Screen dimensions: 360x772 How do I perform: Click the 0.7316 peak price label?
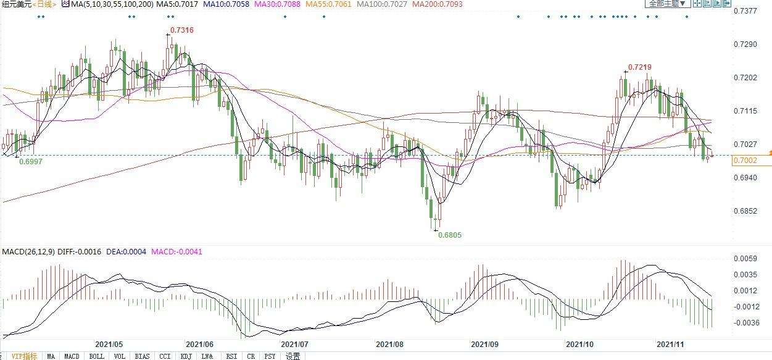pyautogui.click(x=180, y=30)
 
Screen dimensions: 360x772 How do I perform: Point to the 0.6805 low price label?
pyautogui.click(x=449, y=235)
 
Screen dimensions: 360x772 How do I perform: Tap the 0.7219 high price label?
pyautogui.click(x=640, y=67)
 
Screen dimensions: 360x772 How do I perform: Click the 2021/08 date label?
pyautogui.click(x=389, y=343)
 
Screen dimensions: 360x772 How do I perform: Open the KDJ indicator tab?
pyautogui.click(x=186, y=356)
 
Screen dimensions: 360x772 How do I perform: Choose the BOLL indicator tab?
pyautogui.click(x=96, y=356)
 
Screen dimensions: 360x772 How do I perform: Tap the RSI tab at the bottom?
pyautogui.click(x=231, y=356)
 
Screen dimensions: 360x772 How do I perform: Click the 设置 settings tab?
pyautogui.click(x=293, y=356)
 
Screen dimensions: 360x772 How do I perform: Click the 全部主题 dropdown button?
pyautogui.click(x=666, y=4)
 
